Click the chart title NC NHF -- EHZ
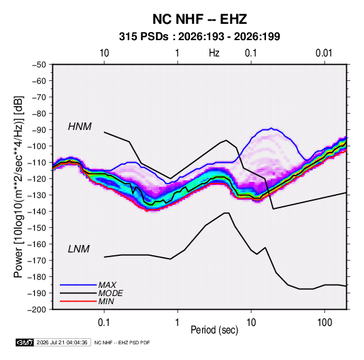199,19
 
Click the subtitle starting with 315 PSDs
199,37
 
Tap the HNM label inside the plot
80,127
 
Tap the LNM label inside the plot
79,249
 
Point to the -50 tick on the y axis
39,65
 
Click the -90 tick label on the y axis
39,130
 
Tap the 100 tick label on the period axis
325,323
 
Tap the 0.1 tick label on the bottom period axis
104,323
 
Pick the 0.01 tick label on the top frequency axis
324,53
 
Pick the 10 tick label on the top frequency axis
104,53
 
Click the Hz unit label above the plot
214,53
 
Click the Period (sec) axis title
214,330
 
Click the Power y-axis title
18,186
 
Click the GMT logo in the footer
25,342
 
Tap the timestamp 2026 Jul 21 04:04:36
62,342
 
